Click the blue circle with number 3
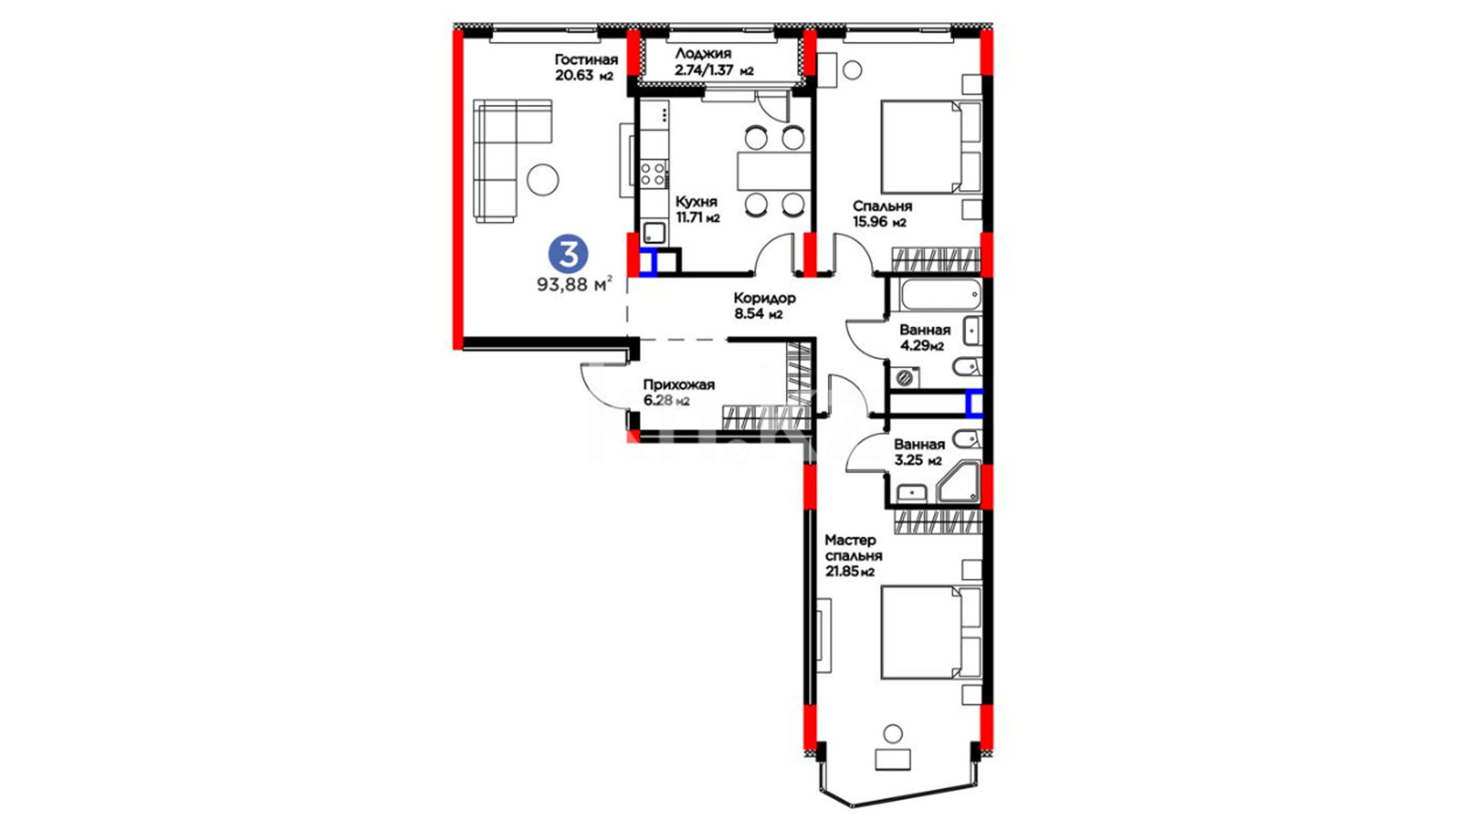pyautogui.click(x=568, y=255)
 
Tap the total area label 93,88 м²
pyautogui.click(x=575, y=284)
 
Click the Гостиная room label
pyautogui.click(x=586, y=60)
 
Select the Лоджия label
pyautogui.click(x=703, y=54)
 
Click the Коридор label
pyautogui.click(x=765, y=298)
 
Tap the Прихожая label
pyautogui.click(x=679, y=384)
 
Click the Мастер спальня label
pyautogui.click(x=853, y=548)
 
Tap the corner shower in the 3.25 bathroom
pyautogui.click(x=958, y=482)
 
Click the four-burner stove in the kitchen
pyautogui.click(x=654, y=173)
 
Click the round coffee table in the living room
pyautogui.click(x=542, y=181)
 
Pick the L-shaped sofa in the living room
pyautogui.click(x=506, y=153)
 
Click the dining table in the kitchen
pyautogui.click(x=774, y=171)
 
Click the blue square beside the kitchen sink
pyautogui.click(x=648, y=263)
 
